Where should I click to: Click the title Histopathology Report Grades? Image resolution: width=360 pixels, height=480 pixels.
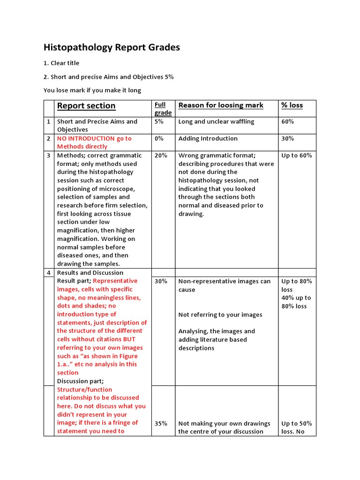click(112, 47)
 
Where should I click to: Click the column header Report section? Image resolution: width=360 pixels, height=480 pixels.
click(86, 106)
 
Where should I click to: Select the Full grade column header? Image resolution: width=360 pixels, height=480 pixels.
click(163, 108)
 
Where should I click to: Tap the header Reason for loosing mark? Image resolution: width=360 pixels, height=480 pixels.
click(221, 105)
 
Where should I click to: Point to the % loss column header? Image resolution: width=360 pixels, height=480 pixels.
click(292, 105)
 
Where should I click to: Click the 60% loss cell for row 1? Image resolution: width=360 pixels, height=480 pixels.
click(287, 121)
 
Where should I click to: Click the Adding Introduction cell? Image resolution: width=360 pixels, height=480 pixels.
click(208, 138)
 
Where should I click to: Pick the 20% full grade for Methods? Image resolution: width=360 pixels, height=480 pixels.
click(161, 155)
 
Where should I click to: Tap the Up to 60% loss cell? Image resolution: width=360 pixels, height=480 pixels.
click(296, 155)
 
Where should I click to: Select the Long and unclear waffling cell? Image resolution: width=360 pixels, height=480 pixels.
click(216, 121)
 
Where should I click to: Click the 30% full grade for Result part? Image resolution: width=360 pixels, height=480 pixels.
click(161, 281)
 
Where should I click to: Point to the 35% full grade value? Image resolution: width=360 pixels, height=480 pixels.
click(161, 423)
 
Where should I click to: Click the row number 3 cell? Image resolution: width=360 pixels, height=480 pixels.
click(48, 155)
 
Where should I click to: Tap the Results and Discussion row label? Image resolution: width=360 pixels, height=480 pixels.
click(90, 273)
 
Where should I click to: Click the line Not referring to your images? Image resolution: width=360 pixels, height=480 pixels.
click(220, 315)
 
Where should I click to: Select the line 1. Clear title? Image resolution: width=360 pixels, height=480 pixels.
click(61, 63)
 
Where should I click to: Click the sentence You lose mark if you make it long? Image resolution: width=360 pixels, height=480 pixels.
click(92, 90)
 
